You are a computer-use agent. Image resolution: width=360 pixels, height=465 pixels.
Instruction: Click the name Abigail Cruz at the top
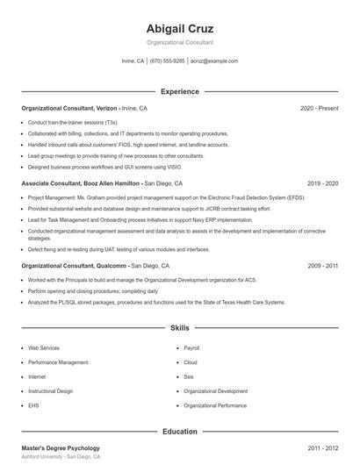[180, 28]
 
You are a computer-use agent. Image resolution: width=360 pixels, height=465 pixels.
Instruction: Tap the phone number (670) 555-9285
[167, 61]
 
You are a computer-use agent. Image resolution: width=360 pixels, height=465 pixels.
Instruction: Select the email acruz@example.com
[214, 61]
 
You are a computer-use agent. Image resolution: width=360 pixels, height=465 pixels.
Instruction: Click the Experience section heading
[180, 91]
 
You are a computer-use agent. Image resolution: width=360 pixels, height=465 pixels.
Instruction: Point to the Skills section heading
[180, 328]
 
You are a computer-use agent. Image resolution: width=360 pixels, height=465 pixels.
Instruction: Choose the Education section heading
[180, 432]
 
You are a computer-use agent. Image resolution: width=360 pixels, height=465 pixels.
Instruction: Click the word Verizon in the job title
[107, 108]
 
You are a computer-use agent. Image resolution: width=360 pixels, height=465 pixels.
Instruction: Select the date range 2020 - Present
[319, 108]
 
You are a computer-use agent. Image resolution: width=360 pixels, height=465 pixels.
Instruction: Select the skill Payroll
[191, 348]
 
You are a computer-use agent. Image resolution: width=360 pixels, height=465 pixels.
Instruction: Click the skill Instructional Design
[50, 390]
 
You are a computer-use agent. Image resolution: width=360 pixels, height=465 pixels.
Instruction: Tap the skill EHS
[32, 405]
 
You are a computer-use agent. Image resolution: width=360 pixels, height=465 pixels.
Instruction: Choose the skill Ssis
[189, 376]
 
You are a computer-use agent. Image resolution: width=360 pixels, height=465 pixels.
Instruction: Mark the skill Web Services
[44, 348]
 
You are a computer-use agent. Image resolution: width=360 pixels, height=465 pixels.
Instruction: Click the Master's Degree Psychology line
[61, 448]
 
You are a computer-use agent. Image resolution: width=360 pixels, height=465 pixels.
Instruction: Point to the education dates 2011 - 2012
[323, 448]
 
